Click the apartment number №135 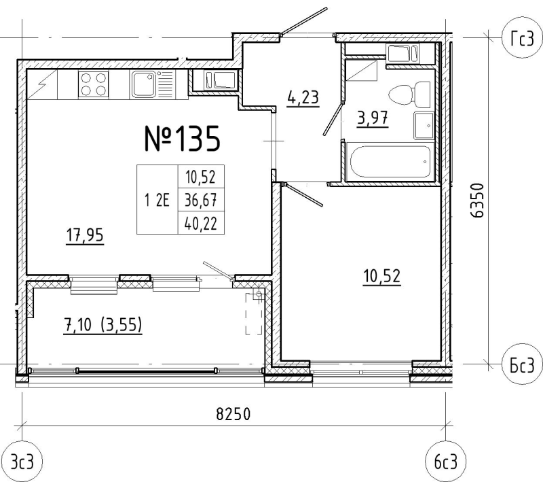tap(182, 139)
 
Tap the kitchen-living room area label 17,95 tap(85, 235)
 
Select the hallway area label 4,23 tap(303, 97)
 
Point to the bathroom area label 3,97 tap(373, 118)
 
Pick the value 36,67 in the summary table tap(201, 200)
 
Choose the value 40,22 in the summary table tap(201, 223)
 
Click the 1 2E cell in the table tap(157, 200)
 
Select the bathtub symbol tap(390, 162)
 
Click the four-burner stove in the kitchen tap(93, 84)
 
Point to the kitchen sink tap(143, 84)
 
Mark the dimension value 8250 tap(233, 414)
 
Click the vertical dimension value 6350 tap(477, 201)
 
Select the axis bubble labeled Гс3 tap(522, 38)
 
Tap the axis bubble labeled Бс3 tap(522, 364)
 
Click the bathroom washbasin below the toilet tap(424, 126)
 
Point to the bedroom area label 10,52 tap(381, 277)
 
